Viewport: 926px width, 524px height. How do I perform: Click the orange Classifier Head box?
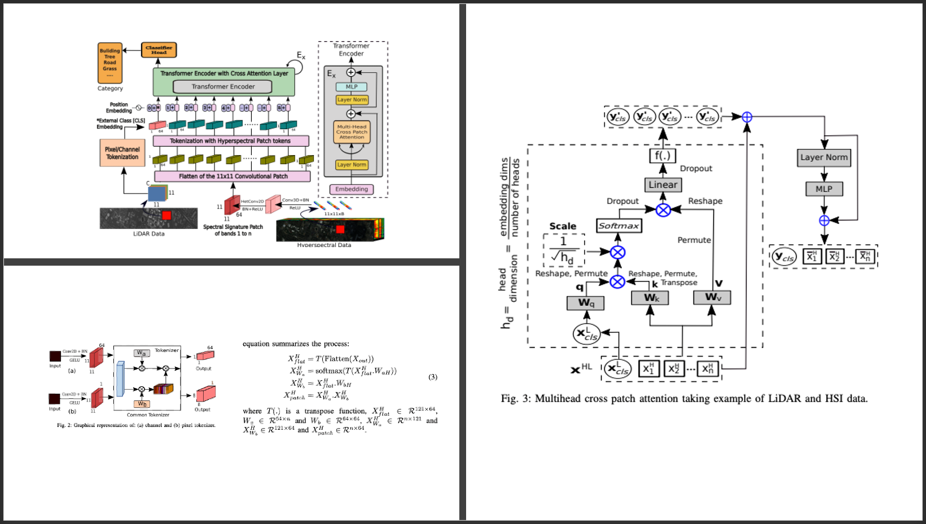pyautogui.click(x=159, y=50)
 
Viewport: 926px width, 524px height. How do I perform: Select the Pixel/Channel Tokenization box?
pyautogui.click(x=122, y=153)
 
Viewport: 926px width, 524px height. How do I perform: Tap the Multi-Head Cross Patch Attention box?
pyautogui.click(x=352, y=132)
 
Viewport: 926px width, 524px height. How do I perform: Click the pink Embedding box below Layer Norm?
pyautogui.click(x=352, y=190)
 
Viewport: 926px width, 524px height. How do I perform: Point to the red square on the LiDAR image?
pyautogui.click(x=166, y=215)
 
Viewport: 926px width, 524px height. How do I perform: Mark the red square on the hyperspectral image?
pyautogui.click(x=340, y=229)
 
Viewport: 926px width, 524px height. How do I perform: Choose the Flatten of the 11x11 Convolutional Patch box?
pyautogui.click(x=232, y=177)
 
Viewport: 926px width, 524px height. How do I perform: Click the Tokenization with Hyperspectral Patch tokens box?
pyautogui.click(x=231, y=141)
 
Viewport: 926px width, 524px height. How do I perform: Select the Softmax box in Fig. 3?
pyautogui.click(x=619, y=226)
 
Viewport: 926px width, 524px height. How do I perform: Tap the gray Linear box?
pyautogui.click(x=662, y=185)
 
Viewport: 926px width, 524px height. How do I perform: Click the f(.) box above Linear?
pyautogui.click(x=662, y=155)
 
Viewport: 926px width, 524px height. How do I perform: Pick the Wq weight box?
pyautogui.click(x=585, y=303)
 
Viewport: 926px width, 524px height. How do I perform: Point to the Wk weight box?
pyautogui.click(x=650, y=297)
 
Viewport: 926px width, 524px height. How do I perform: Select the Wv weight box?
pyautogui.click(x=712, y=297)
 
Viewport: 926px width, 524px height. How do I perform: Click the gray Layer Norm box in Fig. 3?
pyautogui.click(x=824, y=157)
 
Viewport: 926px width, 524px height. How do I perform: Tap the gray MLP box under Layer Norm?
pyautogui.click(x=824, y=189)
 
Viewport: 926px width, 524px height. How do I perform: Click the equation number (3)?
pyautogui.click(x=433, y=377)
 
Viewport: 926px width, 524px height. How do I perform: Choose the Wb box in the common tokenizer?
pyautogui.click(x=142, y=404)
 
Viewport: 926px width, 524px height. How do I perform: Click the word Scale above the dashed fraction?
pyautogui.click(x=563, y=226)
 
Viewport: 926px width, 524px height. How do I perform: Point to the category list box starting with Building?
pyautogui.click(x=109, y=63)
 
